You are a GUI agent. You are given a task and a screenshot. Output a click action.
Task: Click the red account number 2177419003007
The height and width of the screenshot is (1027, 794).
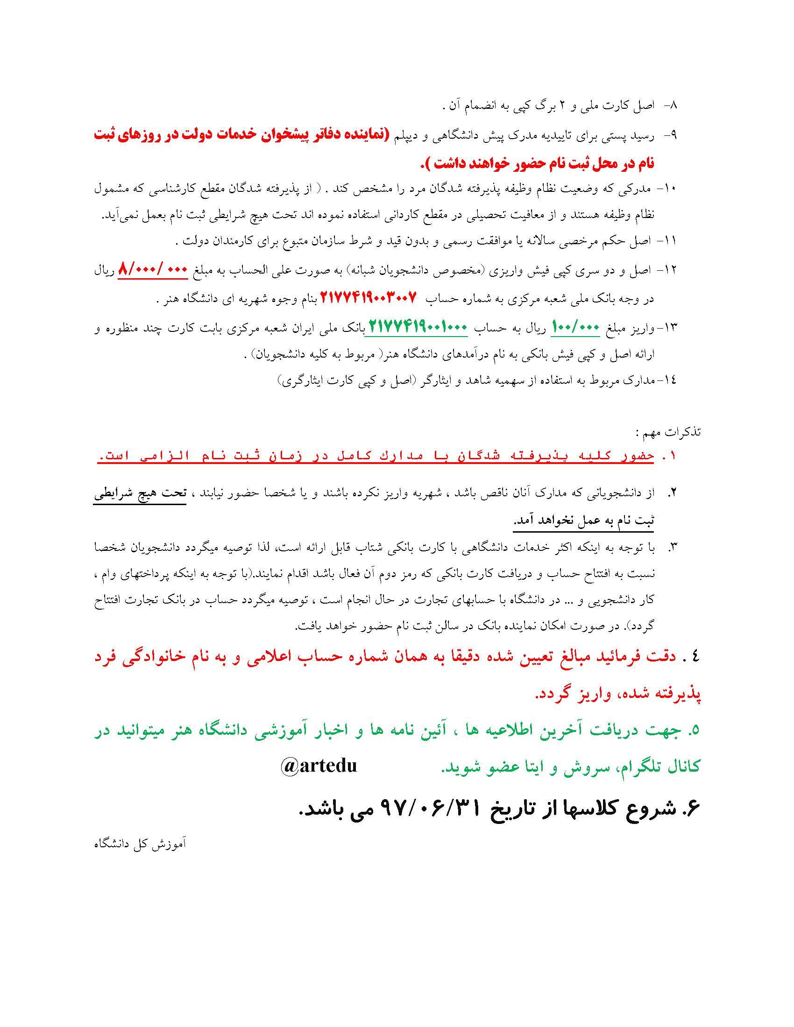point(369,297)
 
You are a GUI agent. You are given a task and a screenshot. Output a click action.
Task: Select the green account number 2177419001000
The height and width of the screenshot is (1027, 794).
point(417,326)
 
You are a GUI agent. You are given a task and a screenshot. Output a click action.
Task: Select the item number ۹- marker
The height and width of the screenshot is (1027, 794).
point(670,135)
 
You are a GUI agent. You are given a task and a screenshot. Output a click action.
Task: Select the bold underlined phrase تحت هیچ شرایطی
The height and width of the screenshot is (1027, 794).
point(140,494)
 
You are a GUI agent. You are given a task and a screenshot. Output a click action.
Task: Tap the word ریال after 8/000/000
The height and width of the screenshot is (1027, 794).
point(105,270)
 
